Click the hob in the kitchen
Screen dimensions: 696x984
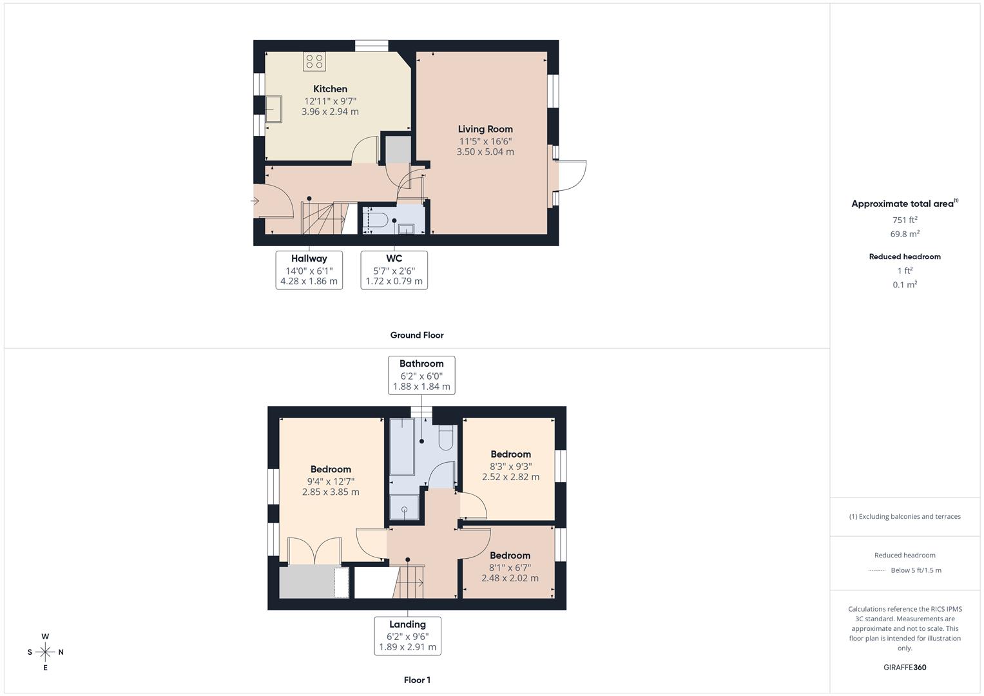click(x=314, y=62)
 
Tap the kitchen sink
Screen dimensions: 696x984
click(x=273, y=109)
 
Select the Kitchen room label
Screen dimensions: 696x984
click(x=330, y=89)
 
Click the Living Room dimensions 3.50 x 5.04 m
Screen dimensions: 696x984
click(x=485, y=152)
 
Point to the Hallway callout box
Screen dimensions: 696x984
click(x=309, y=270)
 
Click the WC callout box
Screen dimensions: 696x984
click(x=394, y=270)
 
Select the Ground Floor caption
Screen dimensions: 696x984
click(x=417, y=335)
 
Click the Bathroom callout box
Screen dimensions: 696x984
click(x=421, y=375)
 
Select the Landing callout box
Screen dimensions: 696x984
click(x=407, y=635)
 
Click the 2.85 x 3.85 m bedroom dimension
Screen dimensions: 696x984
click(x=331, y=492)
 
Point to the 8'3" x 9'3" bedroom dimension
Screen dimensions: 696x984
click(x=510, y=466)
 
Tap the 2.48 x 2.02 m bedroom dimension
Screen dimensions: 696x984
click(x=510, y=578)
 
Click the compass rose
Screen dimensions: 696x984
click(x=45, y=652)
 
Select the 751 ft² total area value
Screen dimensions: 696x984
click(x=905, y=220)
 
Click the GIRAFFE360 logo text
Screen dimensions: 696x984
click(x=905, y=667)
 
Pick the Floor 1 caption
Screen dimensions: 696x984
click(x=417, y=680)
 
